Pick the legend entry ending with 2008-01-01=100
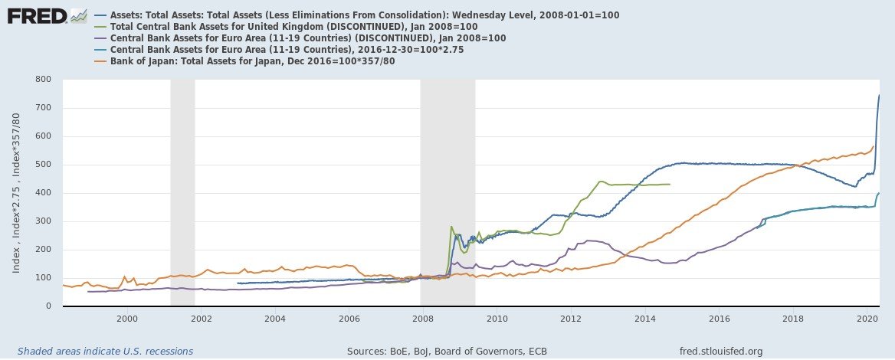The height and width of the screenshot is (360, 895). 365,15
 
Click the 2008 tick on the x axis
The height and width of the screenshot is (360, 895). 423,317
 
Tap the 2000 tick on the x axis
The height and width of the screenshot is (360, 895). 126,317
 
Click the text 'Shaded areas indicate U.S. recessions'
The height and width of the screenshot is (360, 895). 105,351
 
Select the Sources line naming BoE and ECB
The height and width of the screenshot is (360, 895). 447,351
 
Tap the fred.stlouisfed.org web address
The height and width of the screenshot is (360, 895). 721,351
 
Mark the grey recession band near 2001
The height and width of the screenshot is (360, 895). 182,191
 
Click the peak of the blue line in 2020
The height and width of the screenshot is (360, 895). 878,95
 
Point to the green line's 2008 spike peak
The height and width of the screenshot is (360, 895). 451,227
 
